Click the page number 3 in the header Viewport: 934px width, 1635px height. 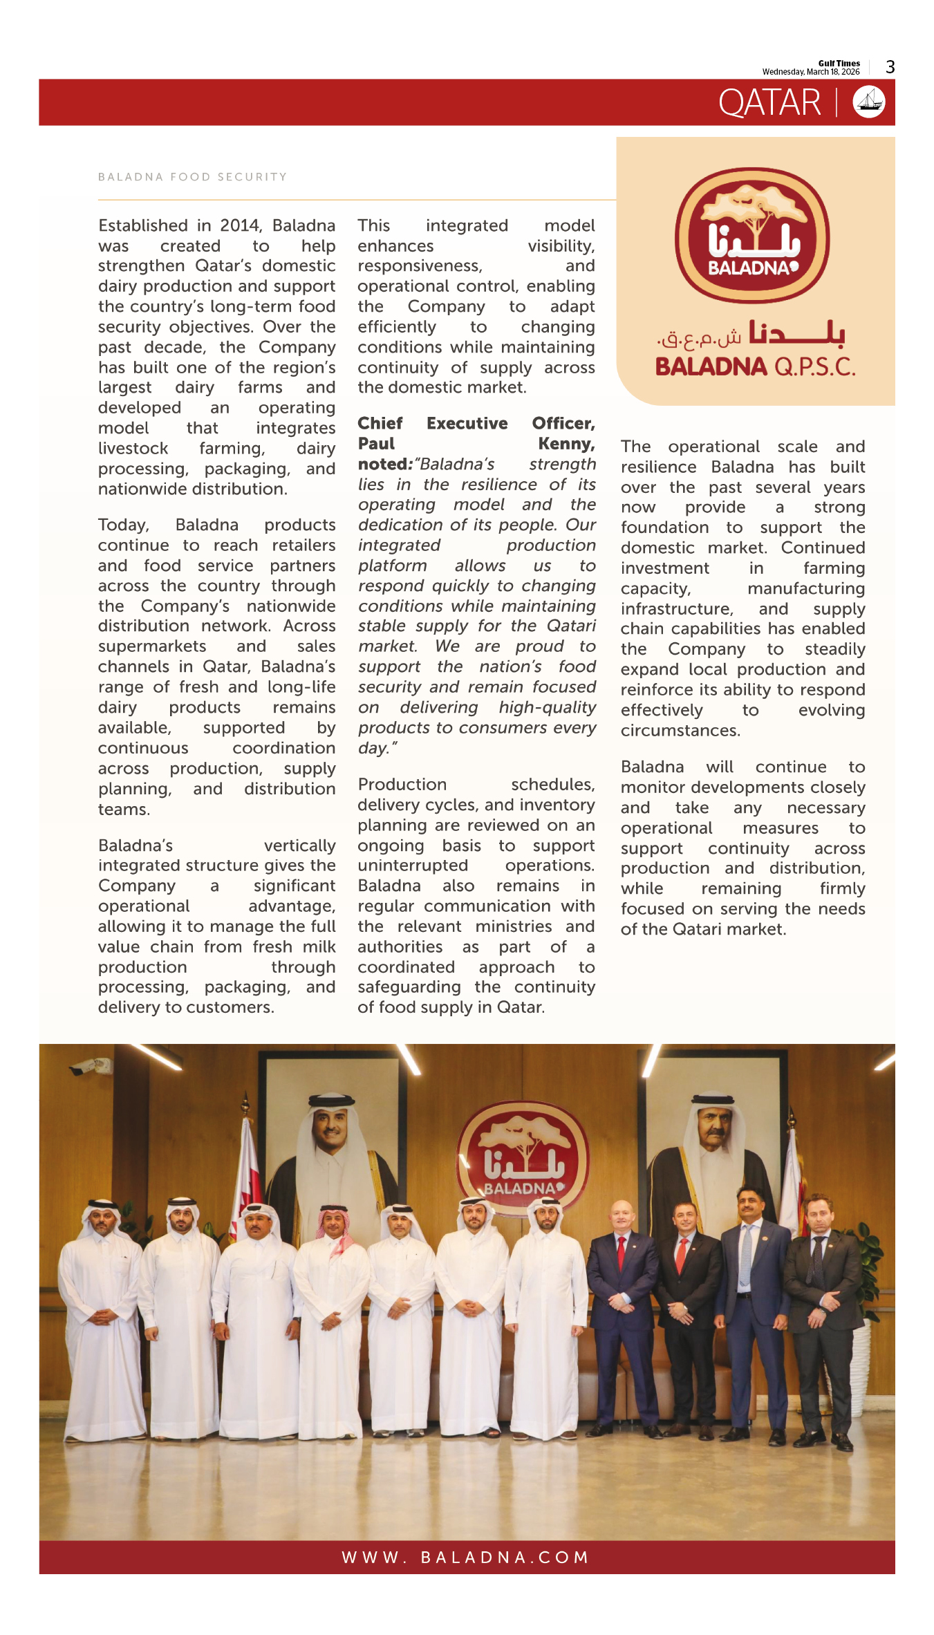click(x=890, y=67)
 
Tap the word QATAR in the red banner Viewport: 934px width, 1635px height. click(x=769, y=103)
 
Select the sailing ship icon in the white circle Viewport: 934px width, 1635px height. click(x=869, y=102)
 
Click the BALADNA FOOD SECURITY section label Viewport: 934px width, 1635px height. click(x=192, y=177)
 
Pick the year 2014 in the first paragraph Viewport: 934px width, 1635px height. click(x=240, y=226)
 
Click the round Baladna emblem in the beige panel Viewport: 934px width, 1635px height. click(x=752, y=236)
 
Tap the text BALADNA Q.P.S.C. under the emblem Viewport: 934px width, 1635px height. click(x=755, y=366)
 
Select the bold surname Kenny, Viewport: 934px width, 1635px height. click(x=566, y=444)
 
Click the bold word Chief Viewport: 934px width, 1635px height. click(x=380, y=424)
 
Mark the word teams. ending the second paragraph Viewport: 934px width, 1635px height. click(x=124, y=810)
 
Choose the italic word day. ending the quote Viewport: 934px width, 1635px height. click(x=374, y=749)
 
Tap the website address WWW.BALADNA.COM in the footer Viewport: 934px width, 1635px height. click(x=465, y=1557)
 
